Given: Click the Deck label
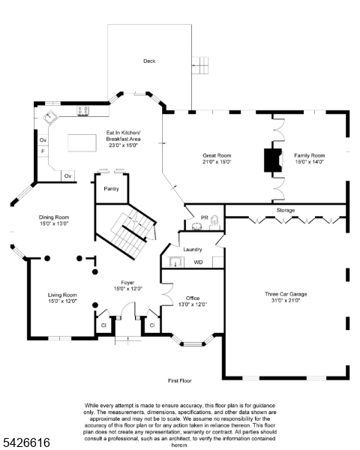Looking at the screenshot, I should click(x=149, y=61).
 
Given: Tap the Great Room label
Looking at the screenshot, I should click(x=216, y=157).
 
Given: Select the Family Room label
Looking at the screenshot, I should click(x=309, y=157).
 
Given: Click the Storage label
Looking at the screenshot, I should click(x=285, y=210).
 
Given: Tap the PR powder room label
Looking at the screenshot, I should click(x=205, y=217).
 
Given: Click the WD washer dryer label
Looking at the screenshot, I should click(x=198, y=262).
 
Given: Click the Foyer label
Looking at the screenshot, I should click(x=127, y=285).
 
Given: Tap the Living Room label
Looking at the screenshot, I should click(x=63, y=298).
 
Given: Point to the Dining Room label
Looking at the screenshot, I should click(x=54, y=220).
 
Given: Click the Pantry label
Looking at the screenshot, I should click(x=111, y=188).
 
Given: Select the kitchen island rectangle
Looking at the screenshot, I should click(x=84, y=142).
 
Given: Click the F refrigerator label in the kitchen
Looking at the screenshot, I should click(x=43, y=151).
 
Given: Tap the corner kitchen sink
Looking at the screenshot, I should click(x=49, y=118).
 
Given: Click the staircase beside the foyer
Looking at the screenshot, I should click(x=127, y=229).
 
